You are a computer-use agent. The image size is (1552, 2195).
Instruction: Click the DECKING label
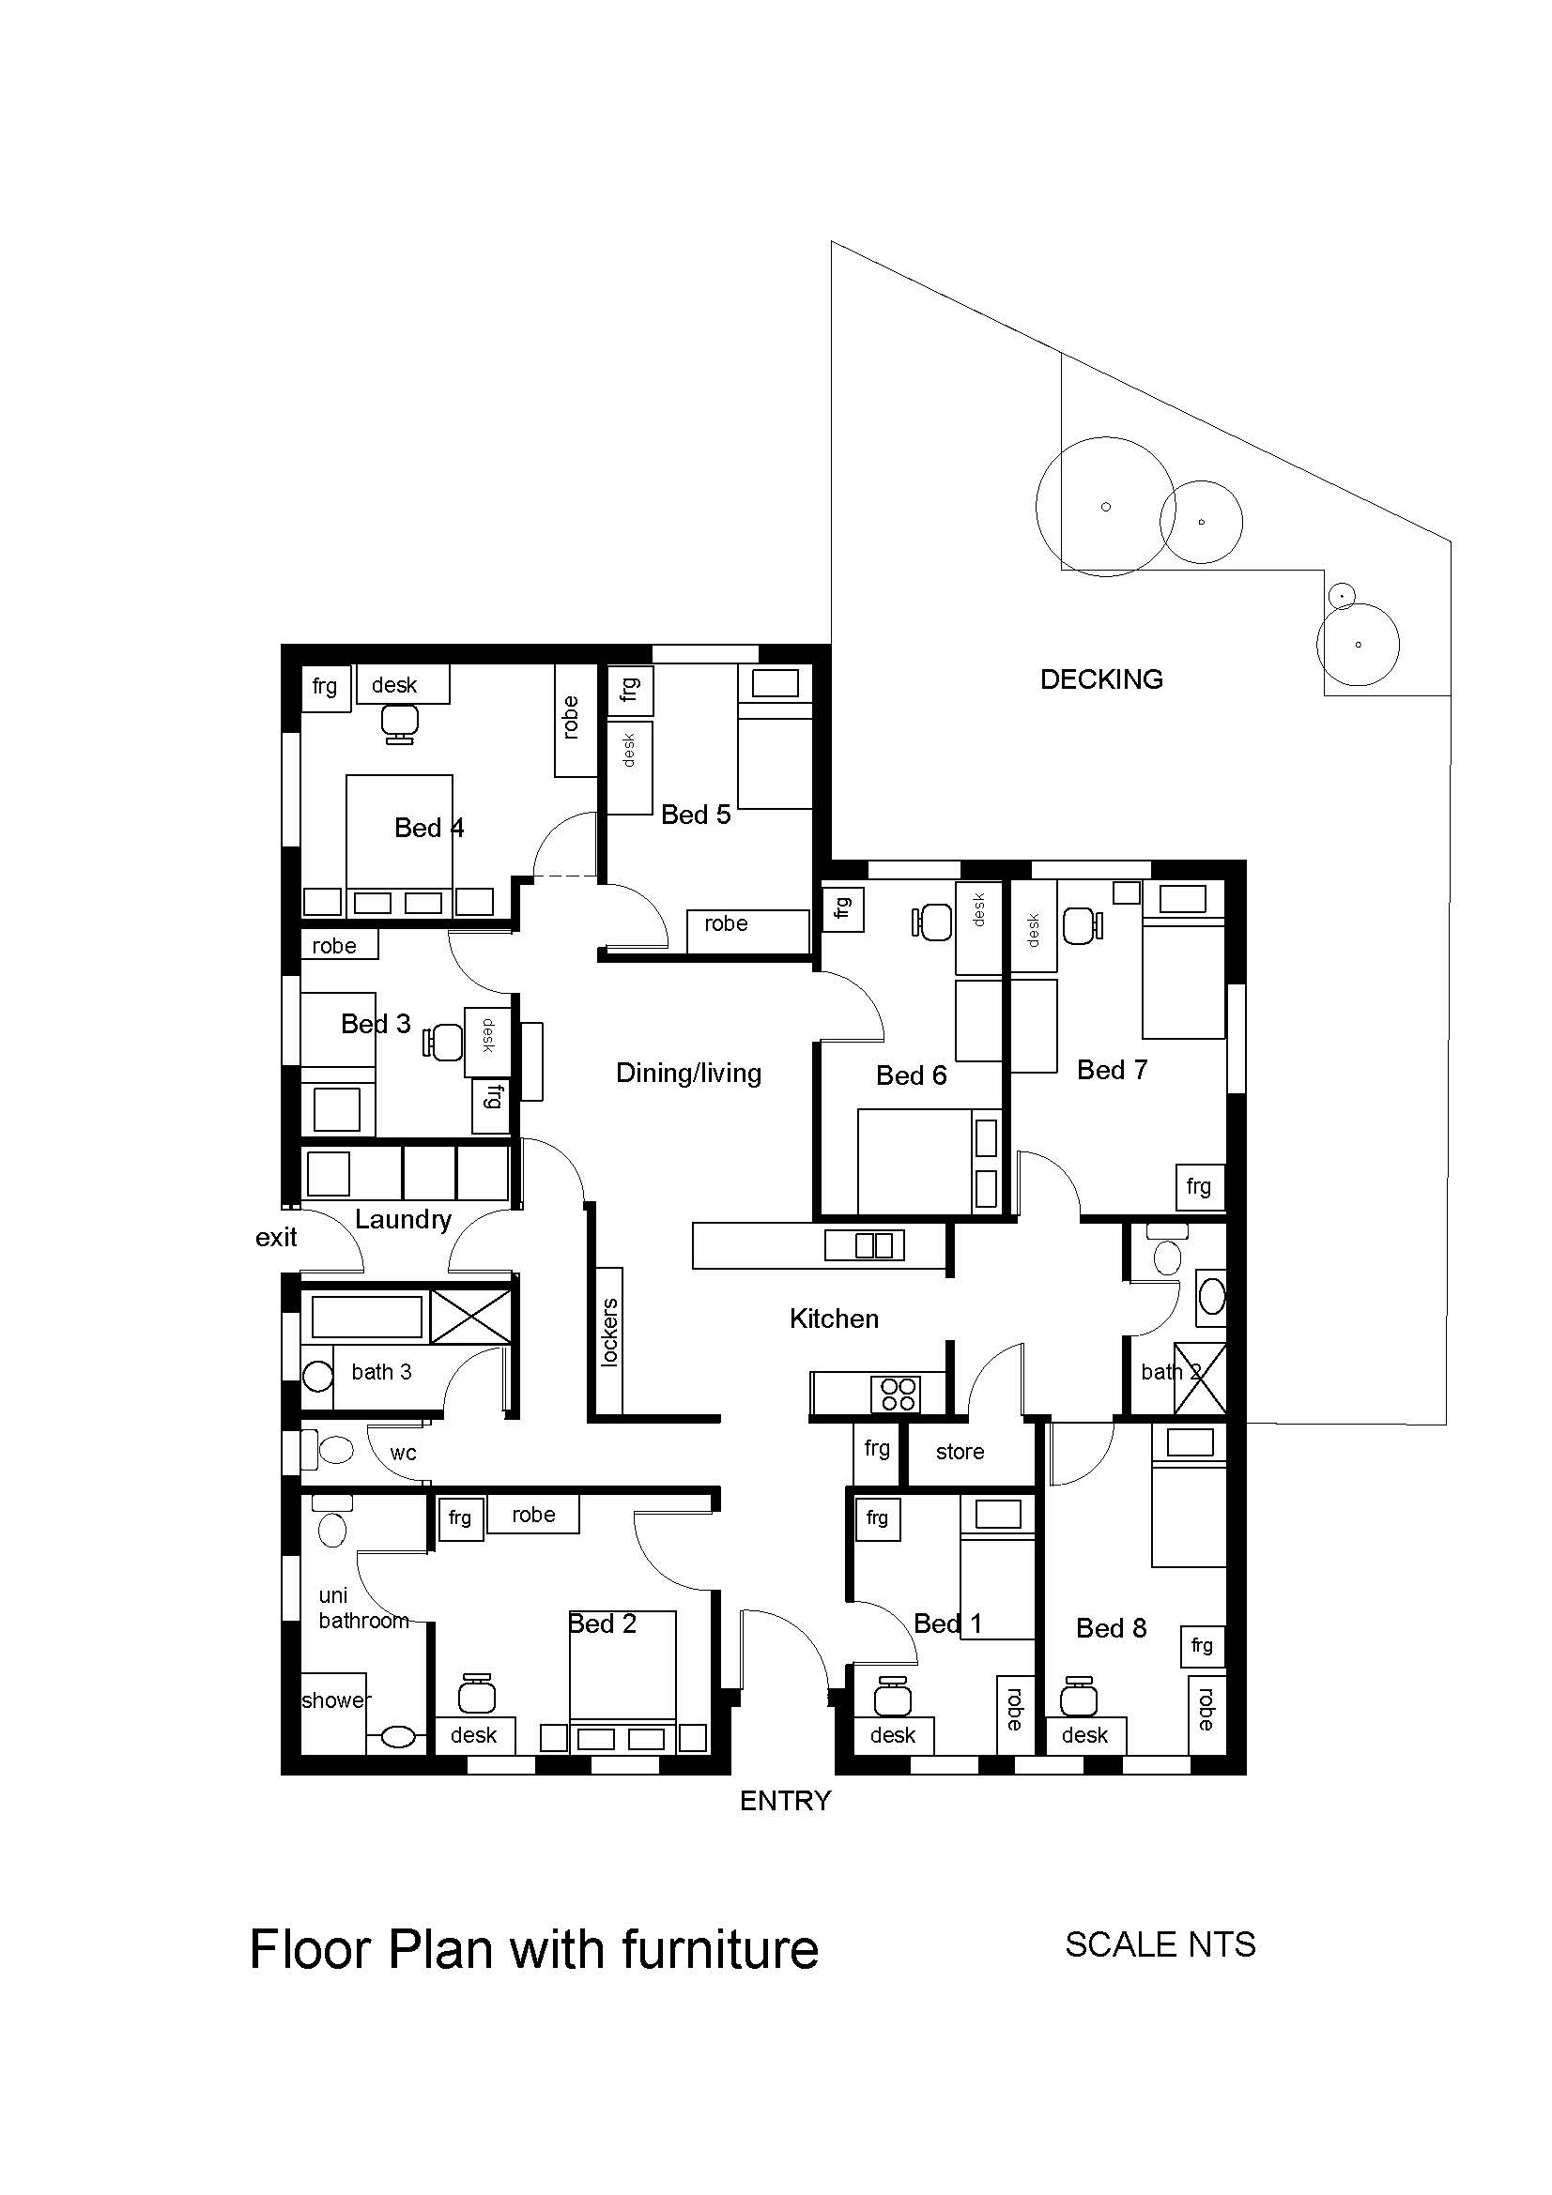pyautogui.click(x=1101, y=679)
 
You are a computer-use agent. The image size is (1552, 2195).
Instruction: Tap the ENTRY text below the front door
pyautogui.click(x=785, y=1801)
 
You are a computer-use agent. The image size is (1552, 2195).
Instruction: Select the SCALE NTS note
pyautogui.click(x=1160, y=1945)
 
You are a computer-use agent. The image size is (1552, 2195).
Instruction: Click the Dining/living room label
pyautogui.click(x=688, y=1074)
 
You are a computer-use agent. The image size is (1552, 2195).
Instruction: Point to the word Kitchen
pyautogui.click(x=834, y=1319)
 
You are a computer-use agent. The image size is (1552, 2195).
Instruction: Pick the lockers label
pyautogui.click(x=610, y=1332)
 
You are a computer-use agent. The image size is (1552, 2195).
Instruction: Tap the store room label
pyautogui.click(x=960, y=1452)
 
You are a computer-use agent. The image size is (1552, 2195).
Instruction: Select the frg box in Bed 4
pyautogui.click(x=325, y=687)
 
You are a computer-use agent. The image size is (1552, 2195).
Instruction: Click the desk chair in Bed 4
pyautogui.click(x=400, y=723)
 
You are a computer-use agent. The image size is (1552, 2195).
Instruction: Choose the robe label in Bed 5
pyautogui.click(x=726, y=923)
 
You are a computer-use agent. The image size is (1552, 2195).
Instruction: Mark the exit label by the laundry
pyautogui.click(x=276, y=1238)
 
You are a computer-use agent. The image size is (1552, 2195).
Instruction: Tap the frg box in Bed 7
pyautogui.click(x=1199, y=1187)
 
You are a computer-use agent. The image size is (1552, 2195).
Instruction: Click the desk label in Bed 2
pyautogui.click(x=473, y=1735)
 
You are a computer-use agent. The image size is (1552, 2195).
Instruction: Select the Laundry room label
pyautogui.click(x=403, y=1220)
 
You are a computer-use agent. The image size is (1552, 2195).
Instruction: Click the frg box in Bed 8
pyautogui.click(x=1203, y=1646)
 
